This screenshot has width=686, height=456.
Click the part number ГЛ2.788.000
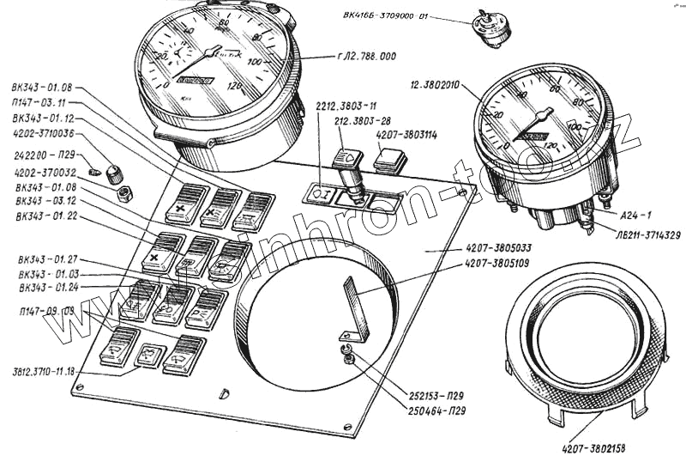[x=367, y=58]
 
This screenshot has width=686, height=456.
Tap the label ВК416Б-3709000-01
[x=388, y=15]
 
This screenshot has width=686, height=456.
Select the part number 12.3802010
[x=436, y=86]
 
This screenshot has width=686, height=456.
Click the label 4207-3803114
[x=406, y=135]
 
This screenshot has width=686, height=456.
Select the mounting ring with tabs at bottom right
[x=585, y=344]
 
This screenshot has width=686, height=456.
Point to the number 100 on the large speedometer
[x=255, y=63]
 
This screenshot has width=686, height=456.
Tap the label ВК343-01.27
[x=48, y=258]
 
